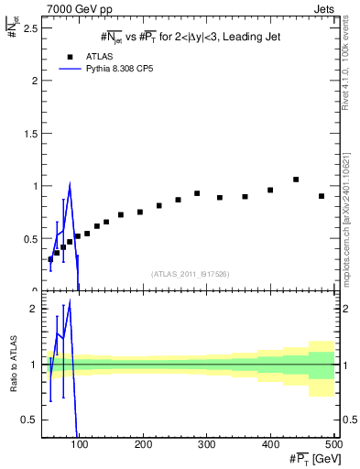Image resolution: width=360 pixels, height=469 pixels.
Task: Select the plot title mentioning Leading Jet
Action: (190, 37)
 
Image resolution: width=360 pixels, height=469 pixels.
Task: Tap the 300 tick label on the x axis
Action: (207, 445)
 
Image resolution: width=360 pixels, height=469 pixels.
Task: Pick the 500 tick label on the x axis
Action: (333, 445)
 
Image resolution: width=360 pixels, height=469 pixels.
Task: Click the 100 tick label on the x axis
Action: (80, 445)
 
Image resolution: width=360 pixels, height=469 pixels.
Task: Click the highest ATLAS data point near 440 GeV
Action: (296, 180)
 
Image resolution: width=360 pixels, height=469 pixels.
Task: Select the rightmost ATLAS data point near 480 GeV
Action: (322, 196)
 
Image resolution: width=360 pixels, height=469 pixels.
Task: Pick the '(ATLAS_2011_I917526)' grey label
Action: (190, 274)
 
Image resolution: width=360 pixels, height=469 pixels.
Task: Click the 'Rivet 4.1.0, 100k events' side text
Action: (350, 73)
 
